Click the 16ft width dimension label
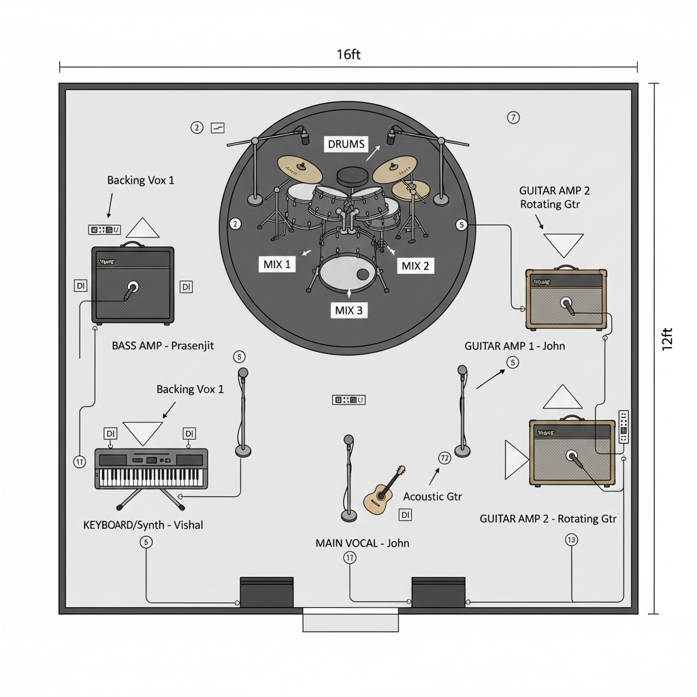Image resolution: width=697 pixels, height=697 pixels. pyautogui.click(x=348, y=54)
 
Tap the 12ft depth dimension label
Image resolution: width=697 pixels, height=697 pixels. pyautogui.click(x=668, y=338)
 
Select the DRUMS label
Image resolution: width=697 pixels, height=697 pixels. pyautogui.click(x=346, y=144)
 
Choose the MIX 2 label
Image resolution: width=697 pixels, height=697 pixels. pyautogui.click(x=415, y=265)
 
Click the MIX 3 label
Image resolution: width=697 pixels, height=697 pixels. pyautogui.click(x=350, y=310)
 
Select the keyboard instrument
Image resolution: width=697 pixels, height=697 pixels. pyautogui.click(x=150, y=468)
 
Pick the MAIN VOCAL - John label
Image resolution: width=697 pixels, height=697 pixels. pyautogui.click(x=362, y=543)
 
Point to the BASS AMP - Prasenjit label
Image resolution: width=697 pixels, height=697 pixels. pyautogui.click(x=163, y=346)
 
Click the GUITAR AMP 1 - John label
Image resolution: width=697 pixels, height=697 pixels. pyautogui.click(x=515, y=346)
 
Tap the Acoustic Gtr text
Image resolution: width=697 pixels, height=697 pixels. pyautogui.click(x=432, y=497)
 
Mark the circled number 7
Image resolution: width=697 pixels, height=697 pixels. pyautogui.click(x=514, y=118)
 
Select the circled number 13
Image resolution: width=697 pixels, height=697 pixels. pyautogui.click(x=571, y=540)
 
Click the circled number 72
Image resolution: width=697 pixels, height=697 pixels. pyautogui.click(x=444, y=458)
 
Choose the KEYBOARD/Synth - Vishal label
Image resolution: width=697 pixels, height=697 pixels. pyautogui.click(x=143, y=525)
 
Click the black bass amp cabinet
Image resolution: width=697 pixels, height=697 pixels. pyautogui.click(x=133, y=285)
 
